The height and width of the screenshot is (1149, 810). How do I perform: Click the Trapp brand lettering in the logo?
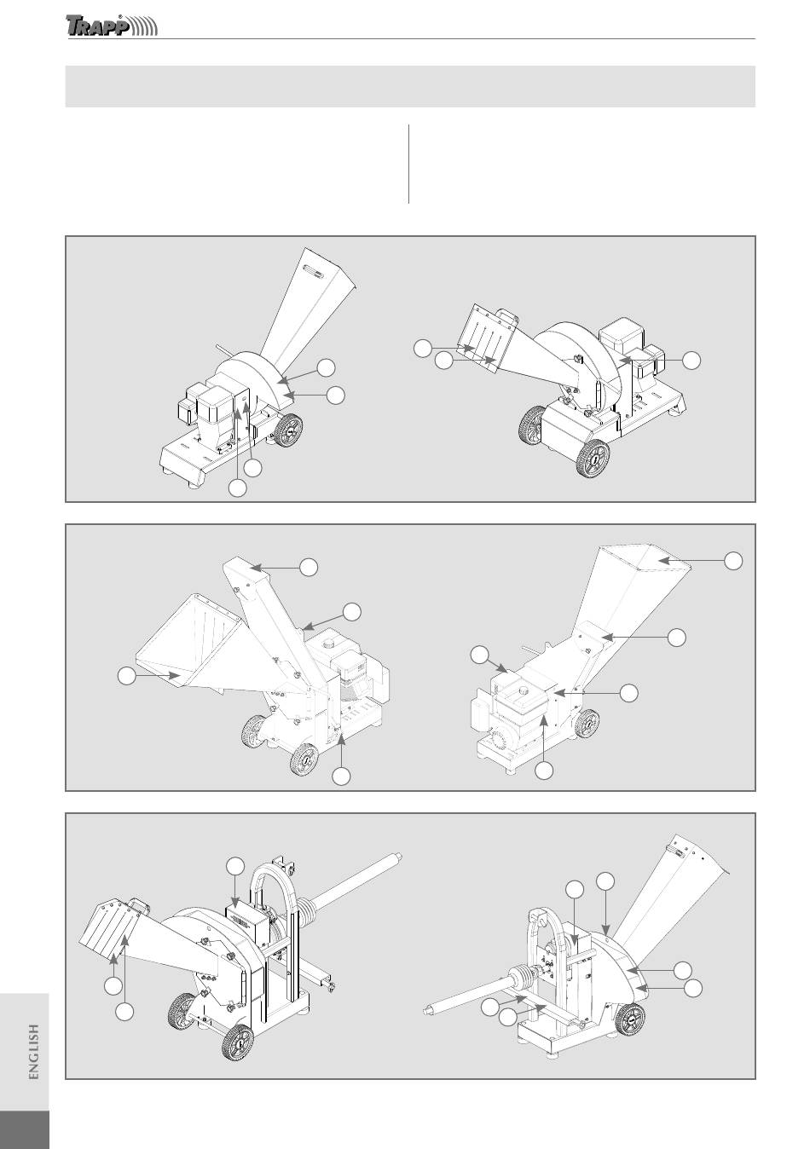point(96,26)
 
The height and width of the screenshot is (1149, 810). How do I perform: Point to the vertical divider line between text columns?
point(409,164)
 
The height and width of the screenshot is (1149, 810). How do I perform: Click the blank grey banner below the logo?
point(410,86)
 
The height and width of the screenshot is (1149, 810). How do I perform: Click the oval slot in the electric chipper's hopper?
point(312,271)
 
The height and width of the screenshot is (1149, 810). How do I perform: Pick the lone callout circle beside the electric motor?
point(692,360)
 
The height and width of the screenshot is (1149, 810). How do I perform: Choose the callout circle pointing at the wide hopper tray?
point(127,676)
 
